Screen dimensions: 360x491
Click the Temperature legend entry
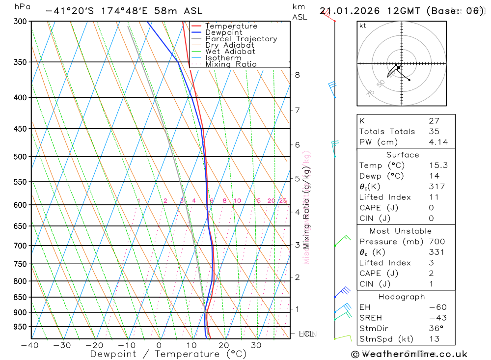[231, 26]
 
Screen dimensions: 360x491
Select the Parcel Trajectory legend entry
[241, 39]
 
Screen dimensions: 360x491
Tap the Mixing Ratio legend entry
[231, 64]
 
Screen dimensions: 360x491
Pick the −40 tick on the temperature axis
[30, 345]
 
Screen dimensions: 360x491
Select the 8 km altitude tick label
[298, 75]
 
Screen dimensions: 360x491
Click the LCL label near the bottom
[306, 334]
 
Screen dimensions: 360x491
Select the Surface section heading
[402, 155]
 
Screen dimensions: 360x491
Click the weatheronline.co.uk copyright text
[409, 354]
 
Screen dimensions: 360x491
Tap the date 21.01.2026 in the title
[348, 11]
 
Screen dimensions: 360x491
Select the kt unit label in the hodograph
[363, 26]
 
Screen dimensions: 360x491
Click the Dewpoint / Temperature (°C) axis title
[168, 354]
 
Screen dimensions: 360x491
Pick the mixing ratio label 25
[283, 200]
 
